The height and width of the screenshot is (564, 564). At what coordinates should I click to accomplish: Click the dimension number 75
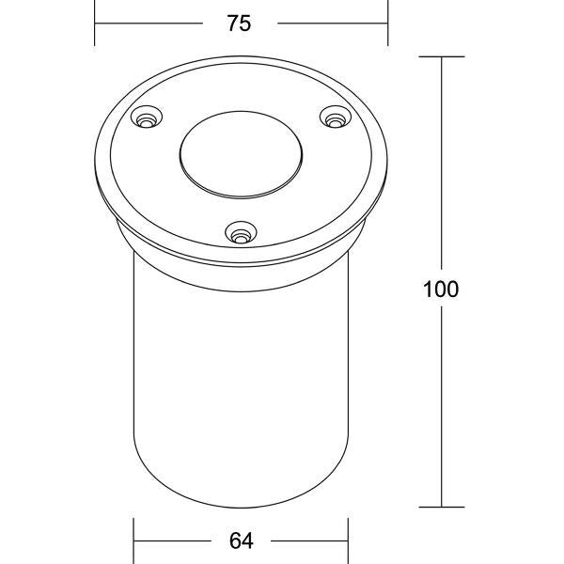(239, 23)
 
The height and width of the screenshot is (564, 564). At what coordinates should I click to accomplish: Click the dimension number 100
(441, 290)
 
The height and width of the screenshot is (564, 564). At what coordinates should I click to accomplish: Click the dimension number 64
(241, 540)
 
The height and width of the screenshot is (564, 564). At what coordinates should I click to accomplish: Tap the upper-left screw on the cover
(147, 117)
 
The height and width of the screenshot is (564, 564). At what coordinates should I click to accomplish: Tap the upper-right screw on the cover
(336, 117)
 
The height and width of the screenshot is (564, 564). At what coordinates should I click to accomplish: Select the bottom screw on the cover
(241, 232)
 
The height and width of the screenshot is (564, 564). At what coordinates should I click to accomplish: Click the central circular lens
(241, 155)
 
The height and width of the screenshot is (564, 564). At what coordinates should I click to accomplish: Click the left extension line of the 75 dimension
(95, 23)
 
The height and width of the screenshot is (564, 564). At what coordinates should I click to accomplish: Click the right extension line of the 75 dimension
(387, 23)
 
